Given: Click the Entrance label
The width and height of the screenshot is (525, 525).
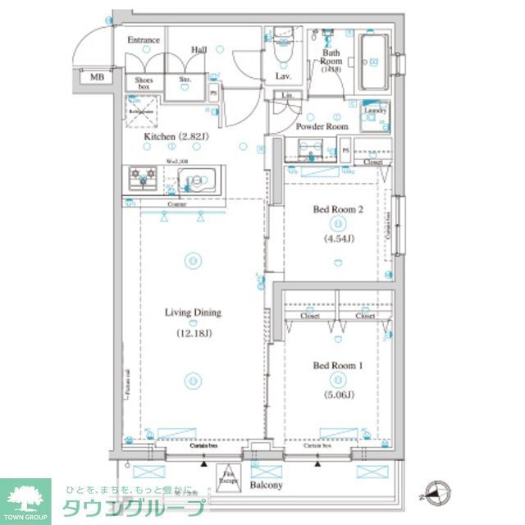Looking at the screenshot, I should click(143, 40).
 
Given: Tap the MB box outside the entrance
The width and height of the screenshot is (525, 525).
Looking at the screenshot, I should click(97, 77).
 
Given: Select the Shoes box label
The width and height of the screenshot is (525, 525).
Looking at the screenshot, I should click(144, 83).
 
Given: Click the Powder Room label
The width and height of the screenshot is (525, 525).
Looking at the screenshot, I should click(322, 126).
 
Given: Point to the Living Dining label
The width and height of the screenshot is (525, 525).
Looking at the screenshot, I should click(193, 313).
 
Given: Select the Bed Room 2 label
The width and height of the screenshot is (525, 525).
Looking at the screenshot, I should click(336, 210).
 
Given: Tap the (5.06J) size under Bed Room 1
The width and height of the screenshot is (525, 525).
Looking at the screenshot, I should click(336, 395).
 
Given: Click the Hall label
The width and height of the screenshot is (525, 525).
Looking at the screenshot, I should click(199, 50).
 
